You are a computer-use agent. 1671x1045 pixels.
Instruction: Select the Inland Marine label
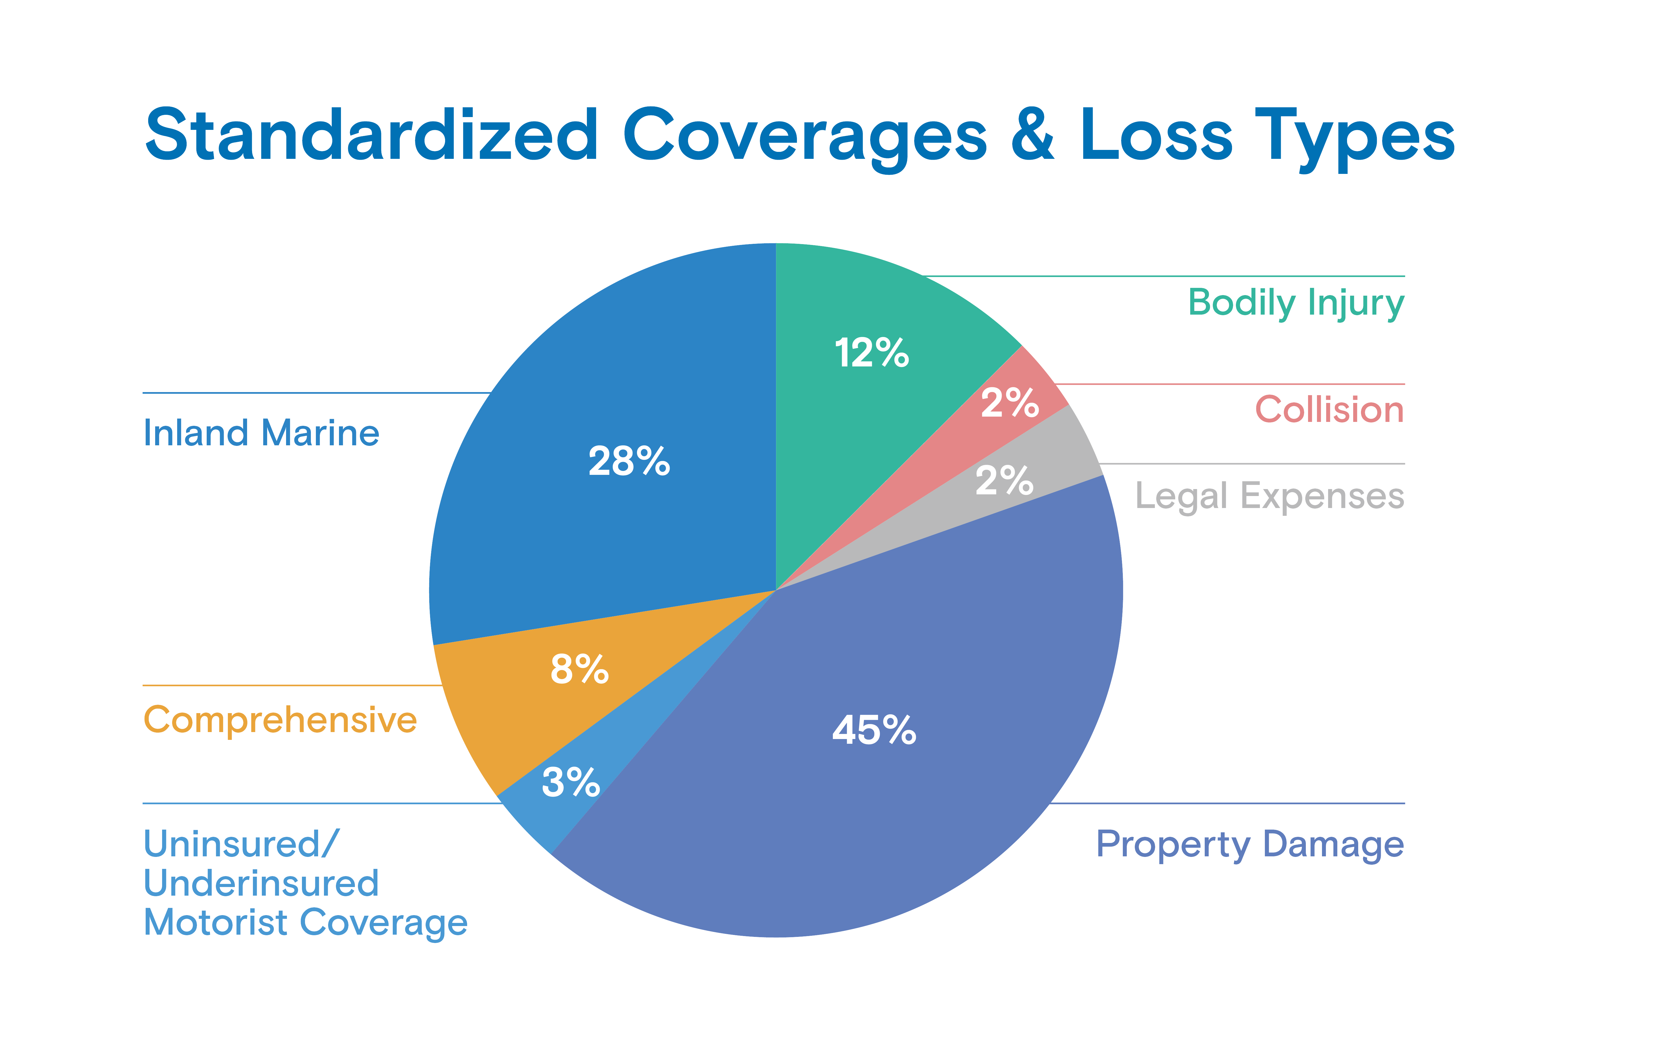(x=261, y=433)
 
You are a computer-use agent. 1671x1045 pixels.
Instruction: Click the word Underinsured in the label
(x=261, y=883)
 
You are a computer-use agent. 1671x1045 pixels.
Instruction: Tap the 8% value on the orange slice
(x=579, y=669)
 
